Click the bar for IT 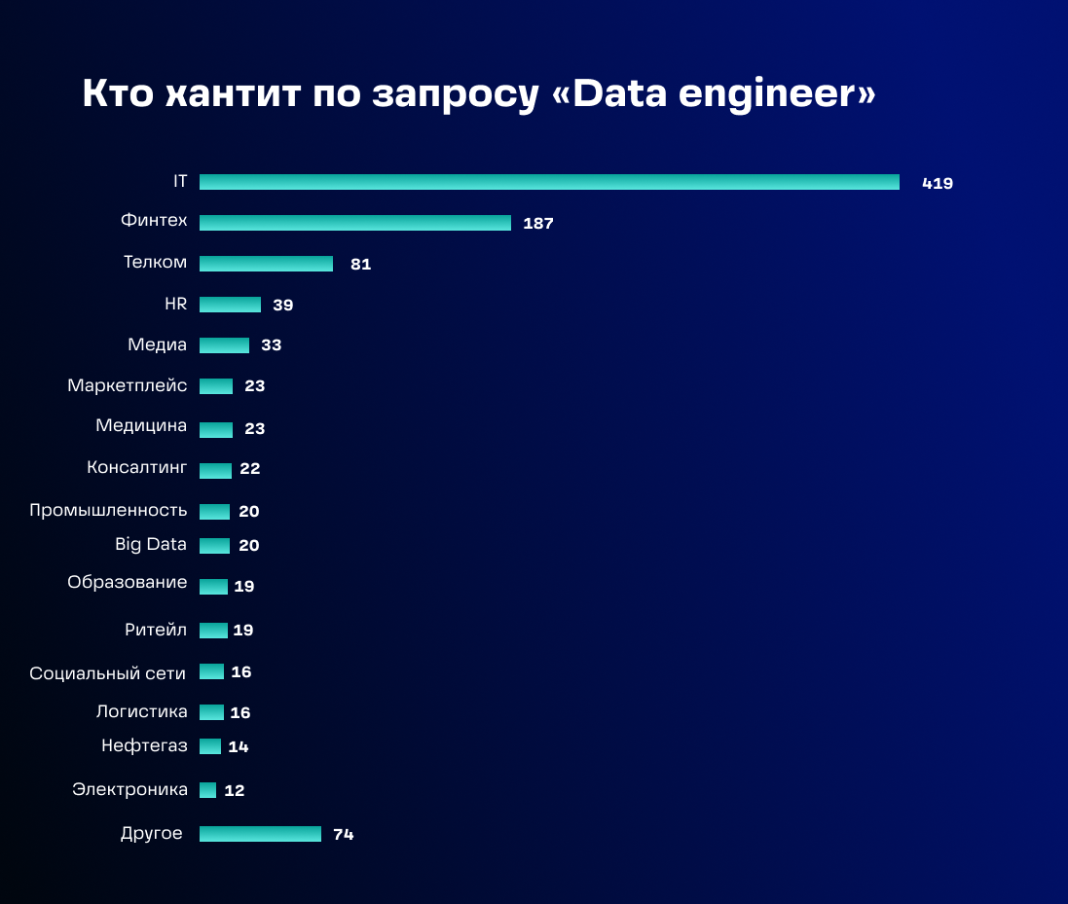pyautogui.click(x=549, y=182)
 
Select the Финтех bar pyautogui.click(x=355, y=223)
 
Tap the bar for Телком pyautogui.click(x=266, y=264)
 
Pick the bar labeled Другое pyautogui.click(x=260, y=834)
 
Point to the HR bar pyautogui.click(x=230, y=305)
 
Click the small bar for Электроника pyautogui.click(x=207, y=790)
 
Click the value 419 pyautogui.click(x=938, y=183)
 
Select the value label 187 pyautogui.click(x=537, y=224)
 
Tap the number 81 pyautogui.click(x=360, y=265)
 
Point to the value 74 pyautogui.click(x=343, y=835)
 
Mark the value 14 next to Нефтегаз pyautogui.click(x=239, y=747)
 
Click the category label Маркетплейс pyautogui.click(x=128, y=386)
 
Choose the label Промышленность pyautogui.click(x=108, y=511)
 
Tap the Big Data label pyautogui.click(x=151, y=545)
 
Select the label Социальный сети pyautogui.click(x=107, y=673)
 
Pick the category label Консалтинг pyautogui.click(x=136, y=468)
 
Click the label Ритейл pyautogui.click(x=156, y=630)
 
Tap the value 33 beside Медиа pyautogui.click(x=271, y=345)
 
